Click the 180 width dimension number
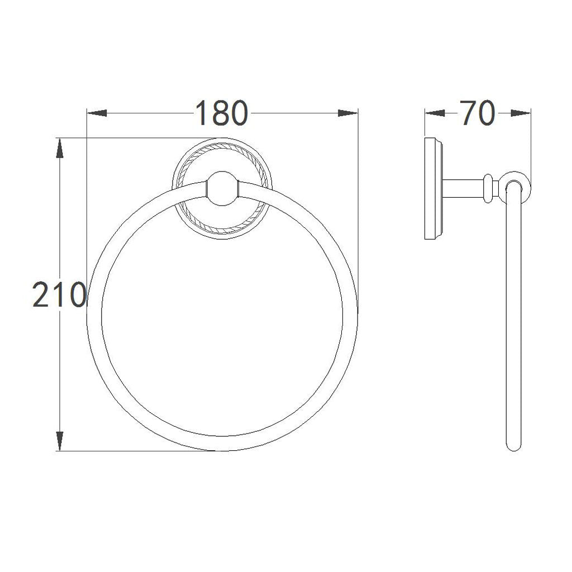tap(222, 113)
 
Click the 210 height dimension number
tap(59, 294)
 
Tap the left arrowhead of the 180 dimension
tap(97, 113)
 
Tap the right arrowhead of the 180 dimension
tap(347, 113)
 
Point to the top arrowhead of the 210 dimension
tap(59, 148)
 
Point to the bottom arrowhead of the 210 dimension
tap(59, 441)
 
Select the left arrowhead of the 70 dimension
tap(435, 113)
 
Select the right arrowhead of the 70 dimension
tap(521, 113)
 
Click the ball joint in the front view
tap(222, 189)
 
